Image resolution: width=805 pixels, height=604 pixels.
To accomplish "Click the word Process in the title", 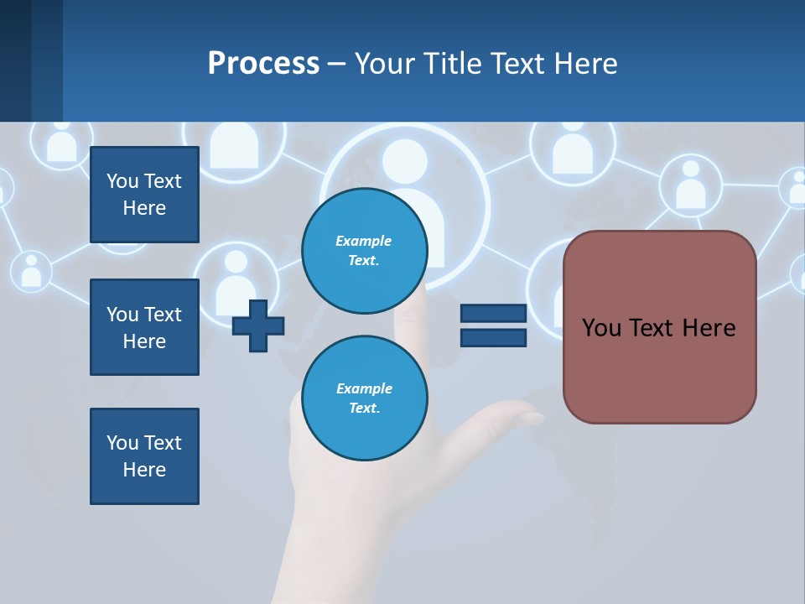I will [x=263, y=64].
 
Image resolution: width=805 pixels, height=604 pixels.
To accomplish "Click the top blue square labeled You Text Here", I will [x=144, y=195].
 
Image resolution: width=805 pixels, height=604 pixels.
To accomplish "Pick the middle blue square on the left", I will [x=144, y=327].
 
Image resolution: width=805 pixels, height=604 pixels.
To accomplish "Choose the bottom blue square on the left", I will [x=144, y=456].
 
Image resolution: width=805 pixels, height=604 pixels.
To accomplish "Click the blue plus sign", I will [x=258, y=325].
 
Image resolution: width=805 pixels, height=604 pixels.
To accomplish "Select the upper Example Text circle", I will [x=365, y=250].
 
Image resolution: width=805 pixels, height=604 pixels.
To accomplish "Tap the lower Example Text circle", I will [x=365, y=398].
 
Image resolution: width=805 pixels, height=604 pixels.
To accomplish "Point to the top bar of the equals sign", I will [x=493, y=314].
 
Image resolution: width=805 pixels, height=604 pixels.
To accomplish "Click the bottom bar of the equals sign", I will [x=493, y=337].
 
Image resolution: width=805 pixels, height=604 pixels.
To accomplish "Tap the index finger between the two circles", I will [x=411, y=323].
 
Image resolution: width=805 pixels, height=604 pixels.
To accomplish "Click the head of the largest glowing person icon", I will [x=405, y=160].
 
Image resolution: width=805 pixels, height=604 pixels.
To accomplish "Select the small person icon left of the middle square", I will [x=31, y=270].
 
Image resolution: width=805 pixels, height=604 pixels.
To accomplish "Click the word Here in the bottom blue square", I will [x=144, y=470].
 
